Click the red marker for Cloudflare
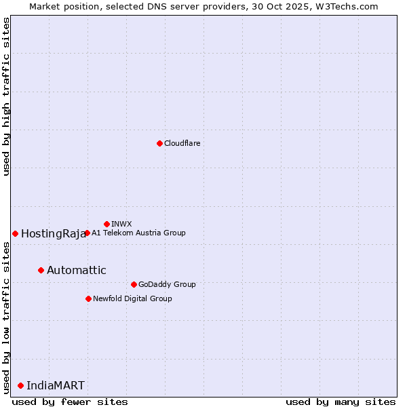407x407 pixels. click(159, 143)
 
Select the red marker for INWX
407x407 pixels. click(106, 224)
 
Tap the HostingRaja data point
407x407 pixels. click(15, 233)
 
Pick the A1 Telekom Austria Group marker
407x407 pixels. click(87, 233)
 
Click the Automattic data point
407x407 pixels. click(41, 270)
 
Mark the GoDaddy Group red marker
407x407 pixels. click(134, 284)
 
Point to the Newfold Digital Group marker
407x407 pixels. click(88, 298)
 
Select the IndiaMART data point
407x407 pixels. click(20, 385)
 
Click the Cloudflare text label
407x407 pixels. click(182, 143)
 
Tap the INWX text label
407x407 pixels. click(121, 224)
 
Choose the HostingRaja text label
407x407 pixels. click(53, 234)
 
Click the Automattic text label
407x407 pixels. click(76, 271)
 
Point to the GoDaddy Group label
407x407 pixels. click(167, 284)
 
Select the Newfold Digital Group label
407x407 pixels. click(132, 298)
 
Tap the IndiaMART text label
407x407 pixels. click(56, 386)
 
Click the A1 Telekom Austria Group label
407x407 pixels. click(138, 233)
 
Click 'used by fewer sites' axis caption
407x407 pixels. click(70, 402)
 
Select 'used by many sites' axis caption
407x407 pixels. click(341, 402)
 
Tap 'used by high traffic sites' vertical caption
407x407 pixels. click(6, 96)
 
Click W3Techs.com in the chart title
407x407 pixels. click(347, 6)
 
